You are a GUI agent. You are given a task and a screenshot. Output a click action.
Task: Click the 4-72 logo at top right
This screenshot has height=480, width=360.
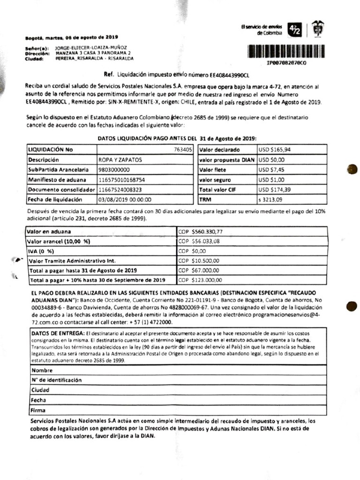tap(295, 30)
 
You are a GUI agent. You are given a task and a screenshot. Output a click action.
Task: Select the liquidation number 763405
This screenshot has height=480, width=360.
tap(183, 150)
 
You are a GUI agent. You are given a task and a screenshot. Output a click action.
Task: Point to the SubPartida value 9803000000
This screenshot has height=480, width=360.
tap(114, 170)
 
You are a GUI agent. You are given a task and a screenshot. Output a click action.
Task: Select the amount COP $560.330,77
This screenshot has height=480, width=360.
tap(200, 231)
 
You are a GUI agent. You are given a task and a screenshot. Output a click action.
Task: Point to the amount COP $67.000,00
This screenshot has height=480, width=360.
tap(199, 270)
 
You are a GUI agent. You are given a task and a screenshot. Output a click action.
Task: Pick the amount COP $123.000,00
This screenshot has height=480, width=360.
tap(200, 280)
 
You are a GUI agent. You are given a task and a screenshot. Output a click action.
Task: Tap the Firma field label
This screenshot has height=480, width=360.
tap(38, 410)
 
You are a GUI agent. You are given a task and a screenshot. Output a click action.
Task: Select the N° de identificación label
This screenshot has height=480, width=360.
tap(53, 380)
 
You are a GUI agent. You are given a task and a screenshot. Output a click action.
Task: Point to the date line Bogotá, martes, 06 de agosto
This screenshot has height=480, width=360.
tap(72, 37)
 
